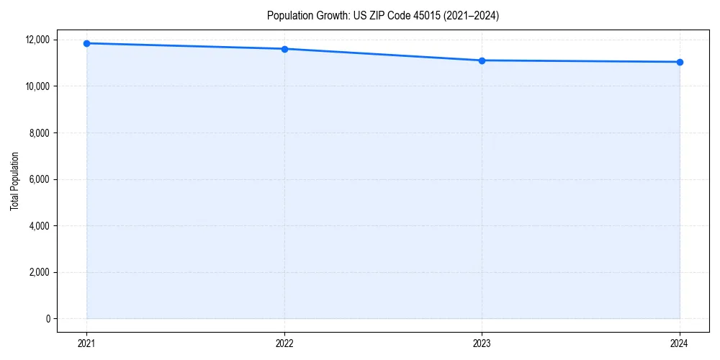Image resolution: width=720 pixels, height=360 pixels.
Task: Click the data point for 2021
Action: tap(86, 43)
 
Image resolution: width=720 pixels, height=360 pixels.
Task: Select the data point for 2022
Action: tap(284, 49)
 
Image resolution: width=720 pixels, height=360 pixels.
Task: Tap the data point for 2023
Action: tap(482, 60)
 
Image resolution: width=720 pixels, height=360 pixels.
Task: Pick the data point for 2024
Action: tap(680, 62)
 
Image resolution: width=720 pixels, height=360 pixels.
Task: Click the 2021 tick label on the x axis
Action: tap(86, 343)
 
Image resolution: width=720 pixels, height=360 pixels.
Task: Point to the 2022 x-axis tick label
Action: tap(284, 343)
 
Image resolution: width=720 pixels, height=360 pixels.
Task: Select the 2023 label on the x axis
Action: tap(482, 343)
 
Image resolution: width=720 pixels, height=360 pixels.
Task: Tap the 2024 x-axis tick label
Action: tap(680, 343)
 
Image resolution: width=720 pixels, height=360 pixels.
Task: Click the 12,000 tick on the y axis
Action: tap(37, 40)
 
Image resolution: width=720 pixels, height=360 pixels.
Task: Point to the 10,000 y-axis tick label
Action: tap(37, 86)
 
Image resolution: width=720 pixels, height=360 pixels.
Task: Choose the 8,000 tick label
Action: tap(40, 133)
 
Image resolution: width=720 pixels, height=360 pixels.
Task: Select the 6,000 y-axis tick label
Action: tap(40, 179)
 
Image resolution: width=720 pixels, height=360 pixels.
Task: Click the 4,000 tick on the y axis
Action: tap(40, 226)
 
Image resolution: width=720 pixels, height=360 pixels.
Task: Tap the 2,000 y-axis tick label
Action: tap(40, 272)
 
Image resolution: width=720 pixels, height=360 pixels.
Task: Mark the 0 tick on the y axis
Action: tap(48, 319)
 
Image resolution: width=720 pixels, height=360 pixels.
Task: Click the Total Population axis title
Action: tap(14, 181)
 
